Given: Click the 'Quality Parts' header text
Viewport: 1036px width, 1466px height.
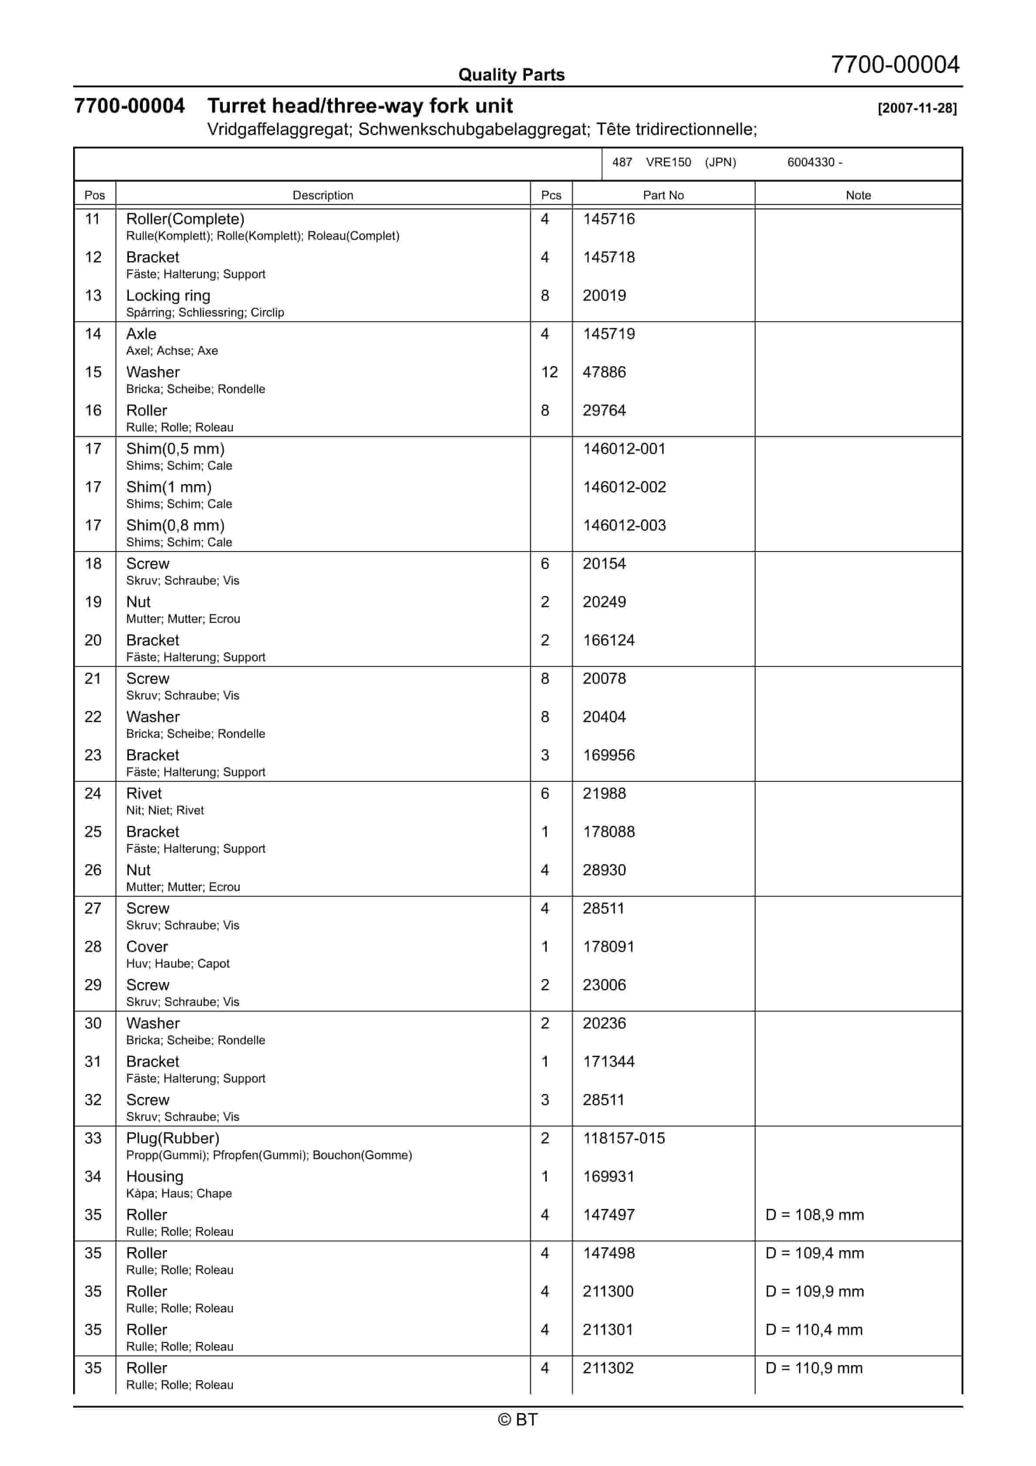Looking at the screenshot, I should (511, 75).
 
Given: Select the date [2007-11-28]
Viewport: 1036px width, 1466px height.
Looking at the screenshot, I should (917, 108).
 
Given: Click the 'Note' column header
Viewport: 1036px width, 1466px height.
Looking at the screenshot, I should (858, 195).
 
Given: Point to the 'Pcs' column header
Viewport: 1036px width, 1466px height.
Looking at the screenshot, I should (551, 195).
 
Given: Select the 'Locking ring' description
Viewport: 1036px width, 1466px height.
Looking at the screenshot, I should (168, 296).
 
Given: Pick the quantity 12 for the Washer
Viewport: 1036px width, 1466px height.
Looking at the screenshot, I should (549, 372).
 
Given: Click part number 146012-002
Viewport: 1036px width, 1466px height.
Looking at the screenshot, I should (624, 487).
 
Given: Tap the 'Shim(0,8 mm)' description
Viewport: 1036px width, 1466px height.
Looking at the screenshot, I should (175, 525).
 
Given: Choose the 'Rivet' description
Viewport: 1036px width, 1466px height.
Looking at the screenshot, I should (144, 794).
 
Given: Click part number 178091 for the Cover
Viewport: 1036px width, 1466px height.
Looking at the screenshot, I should (608, 947).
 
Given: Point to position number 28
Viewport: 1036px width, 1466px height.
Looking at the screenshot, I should (93, 947).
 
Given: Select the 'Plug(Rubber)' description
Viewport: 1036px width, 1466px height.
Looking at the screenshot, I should (172, 1138).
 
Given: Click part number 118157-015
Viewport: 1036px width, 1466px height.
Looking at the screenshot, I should (623, 1138).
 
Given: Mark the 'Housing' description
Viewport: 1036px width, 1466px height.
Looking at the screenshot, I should (155, 1177).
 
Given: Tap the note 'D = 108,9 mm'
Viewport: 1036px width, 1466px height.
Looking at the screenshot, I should (814, 1215).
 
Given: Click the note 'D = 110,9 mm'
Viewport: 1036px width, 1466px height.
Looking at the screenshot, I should (814, 1368).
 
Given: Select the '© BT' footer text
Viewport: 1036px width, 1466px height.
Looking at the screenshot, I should (518, 1419).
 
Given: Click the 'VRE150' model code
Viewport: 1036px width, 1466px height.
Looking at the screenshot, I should (668, 162).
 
